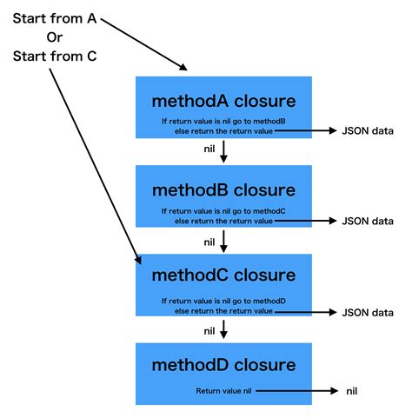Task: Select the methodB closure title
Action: tap(223, 189)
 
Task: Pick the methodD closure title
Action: tap(223, 364)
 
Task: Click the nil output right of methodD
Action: tap(352, 392)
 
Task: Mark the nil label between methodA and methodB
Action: tap(209, 151)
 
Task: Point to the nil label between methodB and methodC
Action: tap(209, 242)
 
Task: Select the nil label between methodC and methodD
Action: tap(209, 330)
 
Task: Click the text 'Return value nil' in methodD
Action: tap(223, 392)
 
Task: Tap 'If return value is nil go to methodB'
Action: tap(223, 121)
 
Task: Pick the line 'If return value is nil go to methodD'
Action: tap(223, 301)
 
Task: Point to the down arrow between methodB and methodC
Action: tap(224, 241)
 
